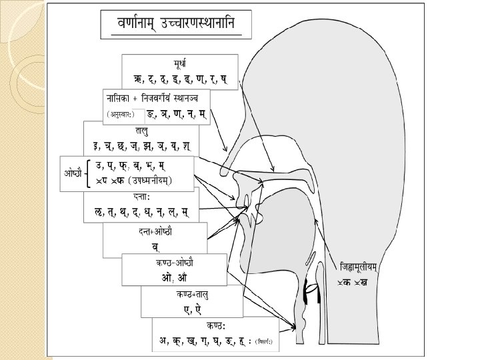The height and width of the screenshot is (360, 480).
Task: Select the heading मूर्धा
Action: [180, 65]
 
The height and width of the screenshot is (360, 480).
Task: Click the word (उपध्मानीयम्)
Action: [151, 180]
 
